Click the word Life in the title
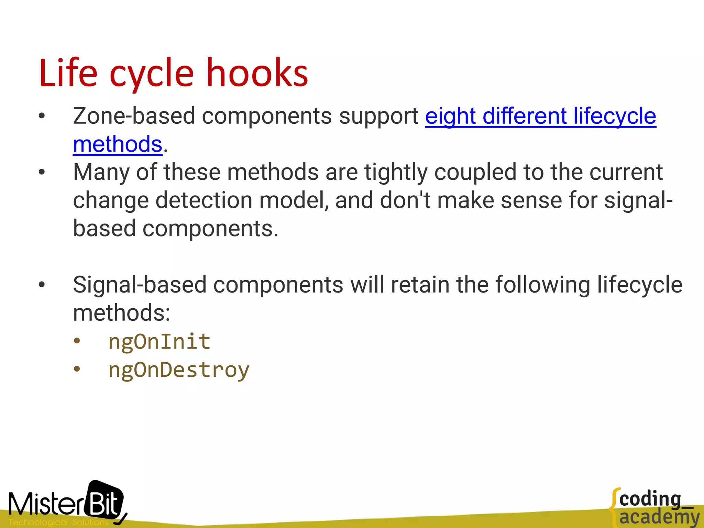(68, 73)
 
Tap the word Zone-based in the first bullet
(134, 116)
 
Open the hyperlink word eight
(450, 116)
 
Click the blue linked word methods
(118, 144)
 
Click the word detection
(204, 200)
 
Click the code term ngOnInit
(159, 342)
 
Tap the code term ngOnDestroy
(179, 370)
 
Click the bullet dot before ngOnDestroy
(77, 369)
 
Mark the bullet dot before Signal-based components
(42, 285)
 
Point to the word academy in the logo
(659, 517)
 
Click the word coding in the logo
(650, 499)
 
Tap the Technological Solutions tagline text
(58, 522)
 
